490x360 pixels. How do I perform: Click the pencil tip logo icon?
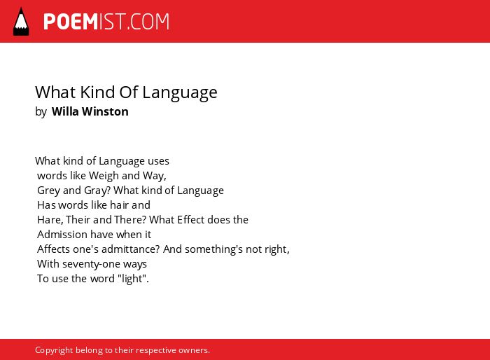[21, 21]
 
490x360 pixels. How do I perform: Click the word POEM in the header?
[71, 22]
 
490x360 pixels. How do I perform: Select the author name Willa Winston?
[90, 111]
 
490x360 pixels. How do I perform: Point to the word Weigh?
[104, 176]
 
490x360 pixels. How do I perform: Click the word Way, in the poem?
[155, 176]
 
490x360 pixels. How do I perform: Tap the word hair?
[119, 205]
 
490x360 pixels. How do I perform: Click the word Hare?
[50, 220]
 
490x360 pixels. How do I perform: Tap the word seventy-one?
[91, 264]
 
